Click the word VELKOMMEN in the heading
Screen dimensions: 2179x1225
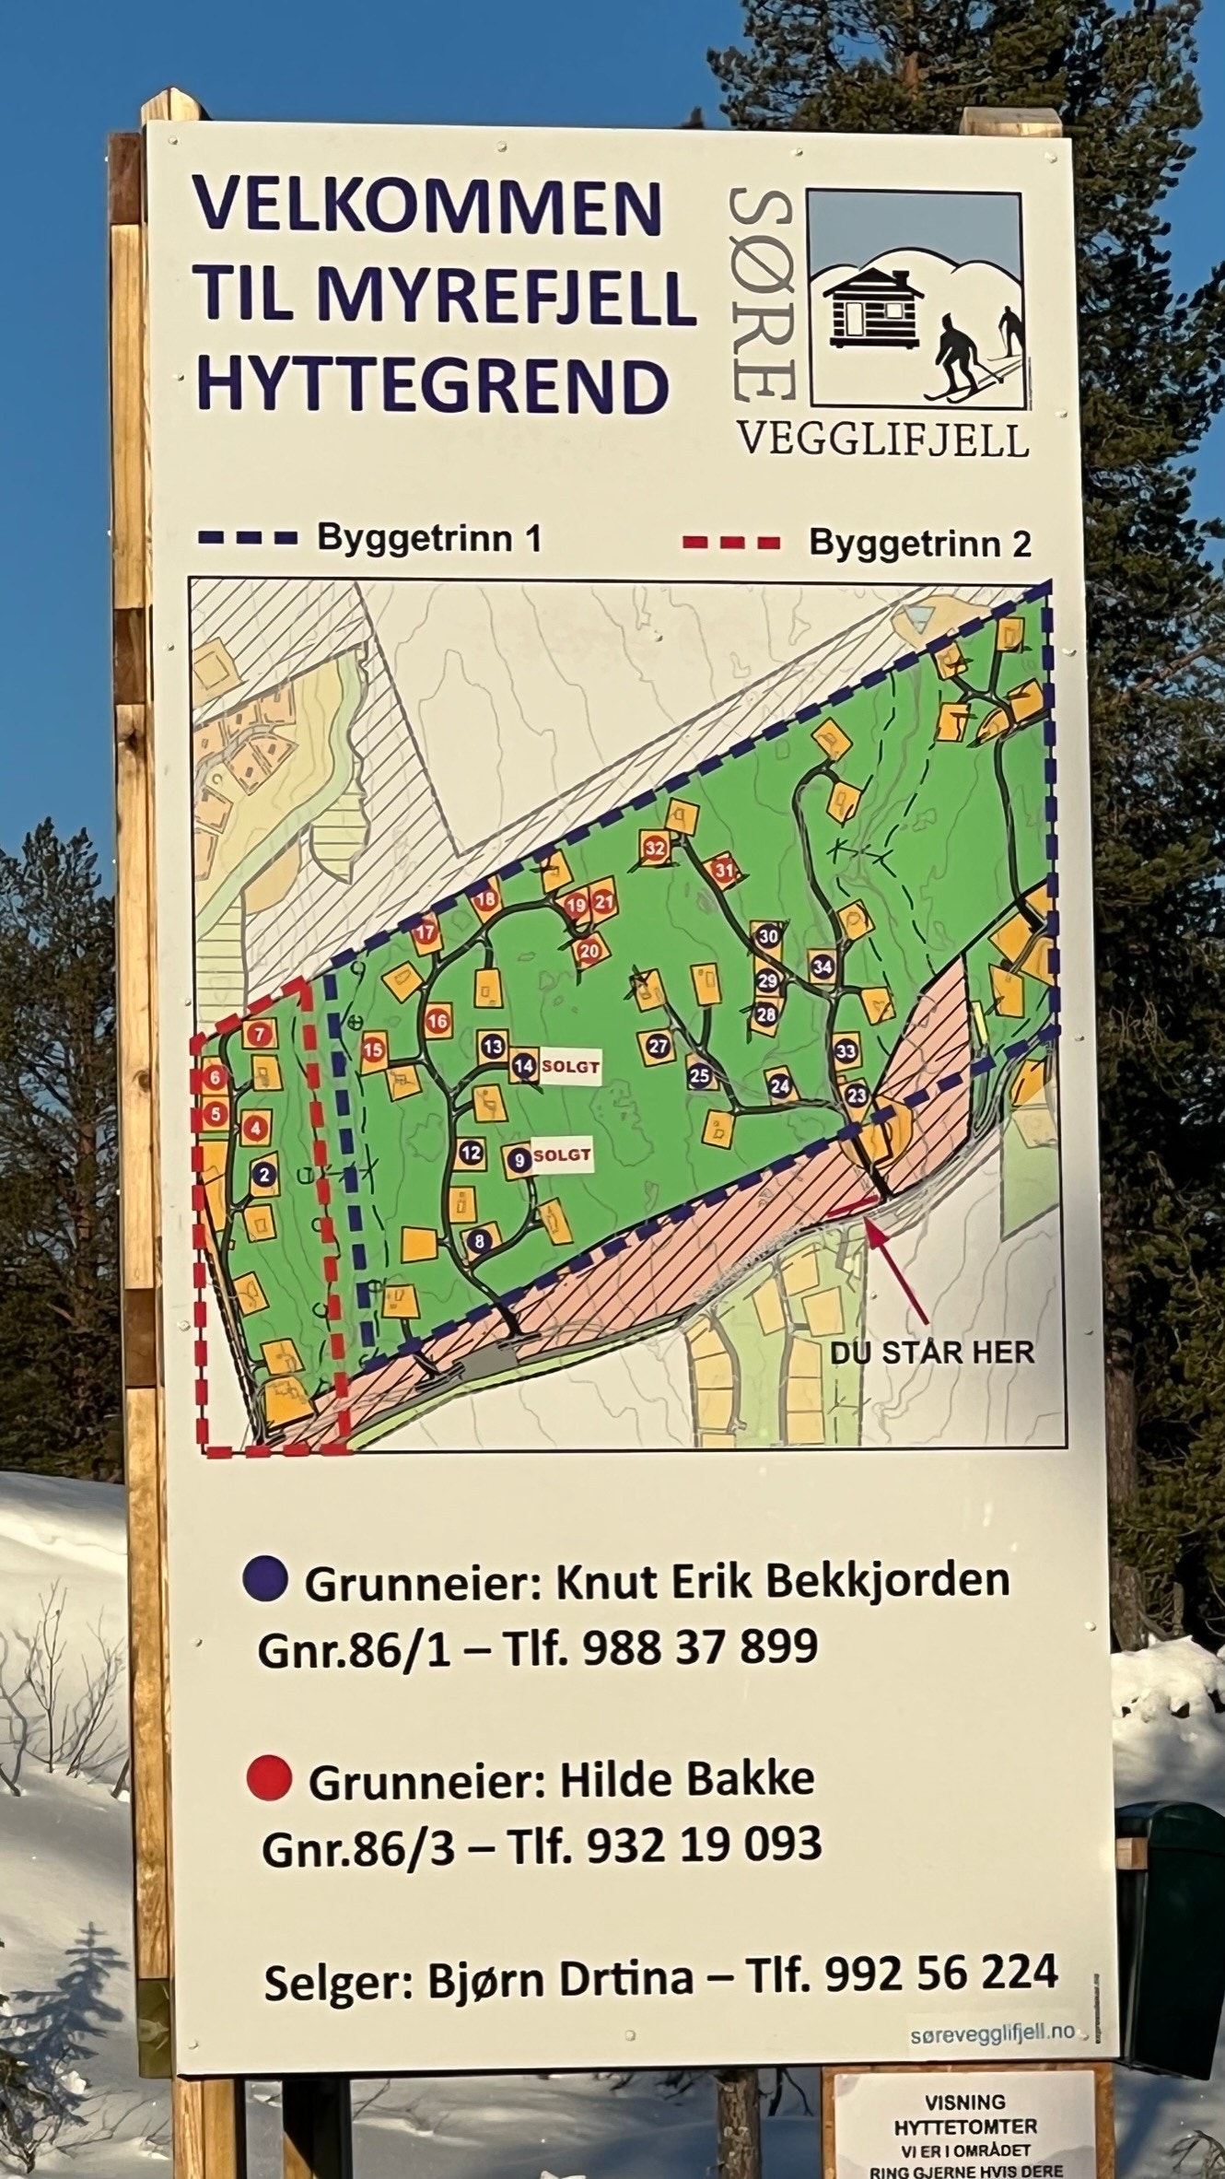(427, 206)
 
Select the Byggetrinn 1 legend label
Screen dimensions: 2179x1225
(429, 538)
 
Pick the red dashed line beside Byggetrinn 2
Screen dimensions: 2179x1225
(731, 543)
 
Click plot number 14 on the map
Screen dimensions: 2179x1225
(524, 1067)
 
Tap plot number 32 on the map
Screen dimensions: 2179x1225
(656, 848)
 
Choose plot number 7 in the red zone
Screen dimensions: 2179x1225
(261, 1034)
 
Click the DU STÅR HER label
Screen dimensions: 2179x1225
(932, 1352)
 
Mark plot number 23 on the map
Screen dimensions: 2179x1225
(857, 1095)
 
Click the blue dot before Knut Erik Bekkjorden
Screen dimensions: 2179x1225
(266, 1578)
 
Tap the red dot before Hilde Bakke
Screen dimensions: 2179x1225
(270, 1775)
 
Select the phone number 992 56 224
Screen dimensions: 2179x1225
(941, 1973)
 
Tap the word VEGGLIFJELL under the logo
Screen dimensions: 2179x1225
(882, 440)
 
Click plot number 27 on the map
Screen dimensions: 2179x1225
(658, 1046)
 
